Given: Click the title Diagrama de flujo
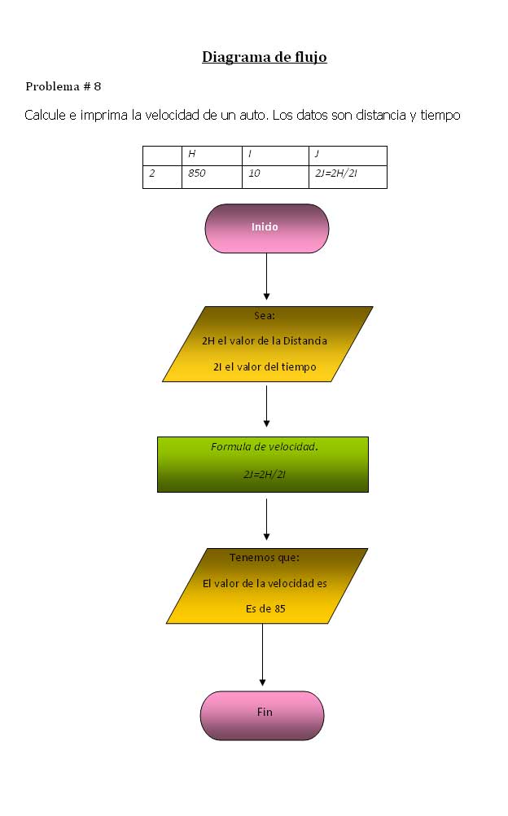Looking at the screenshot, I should click(x=264, y=57).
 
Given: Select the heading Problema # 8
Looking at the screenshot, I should click(x=63, y=86).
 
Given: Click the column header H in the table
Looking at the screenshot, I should click(x=211, y=156).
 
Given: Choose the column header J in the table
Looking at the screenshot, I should click(x=348, y=156).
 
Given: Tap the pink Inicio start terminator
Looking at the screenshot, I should click(x=266, y=228).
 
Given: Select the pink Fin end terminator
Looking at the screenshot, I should click(x=262, y=715).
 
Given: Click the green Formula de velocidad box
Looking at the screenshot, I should click(x=262, y=464).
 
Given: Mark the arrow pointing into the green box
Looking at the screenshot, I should click(x=266, y=407).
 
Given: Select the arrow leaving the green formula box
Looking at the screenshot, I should click(x=266, y=520).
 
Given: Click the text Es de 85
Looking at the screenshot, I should click(x=265, y=608).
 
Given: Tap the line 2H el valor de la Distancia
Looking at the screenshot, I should click(x=265, y=341).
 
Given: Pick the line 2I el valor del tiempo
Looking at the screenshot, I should click(x=265, y=367).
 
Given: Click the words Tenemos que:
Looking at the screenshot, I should click(x=265, y=558).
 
